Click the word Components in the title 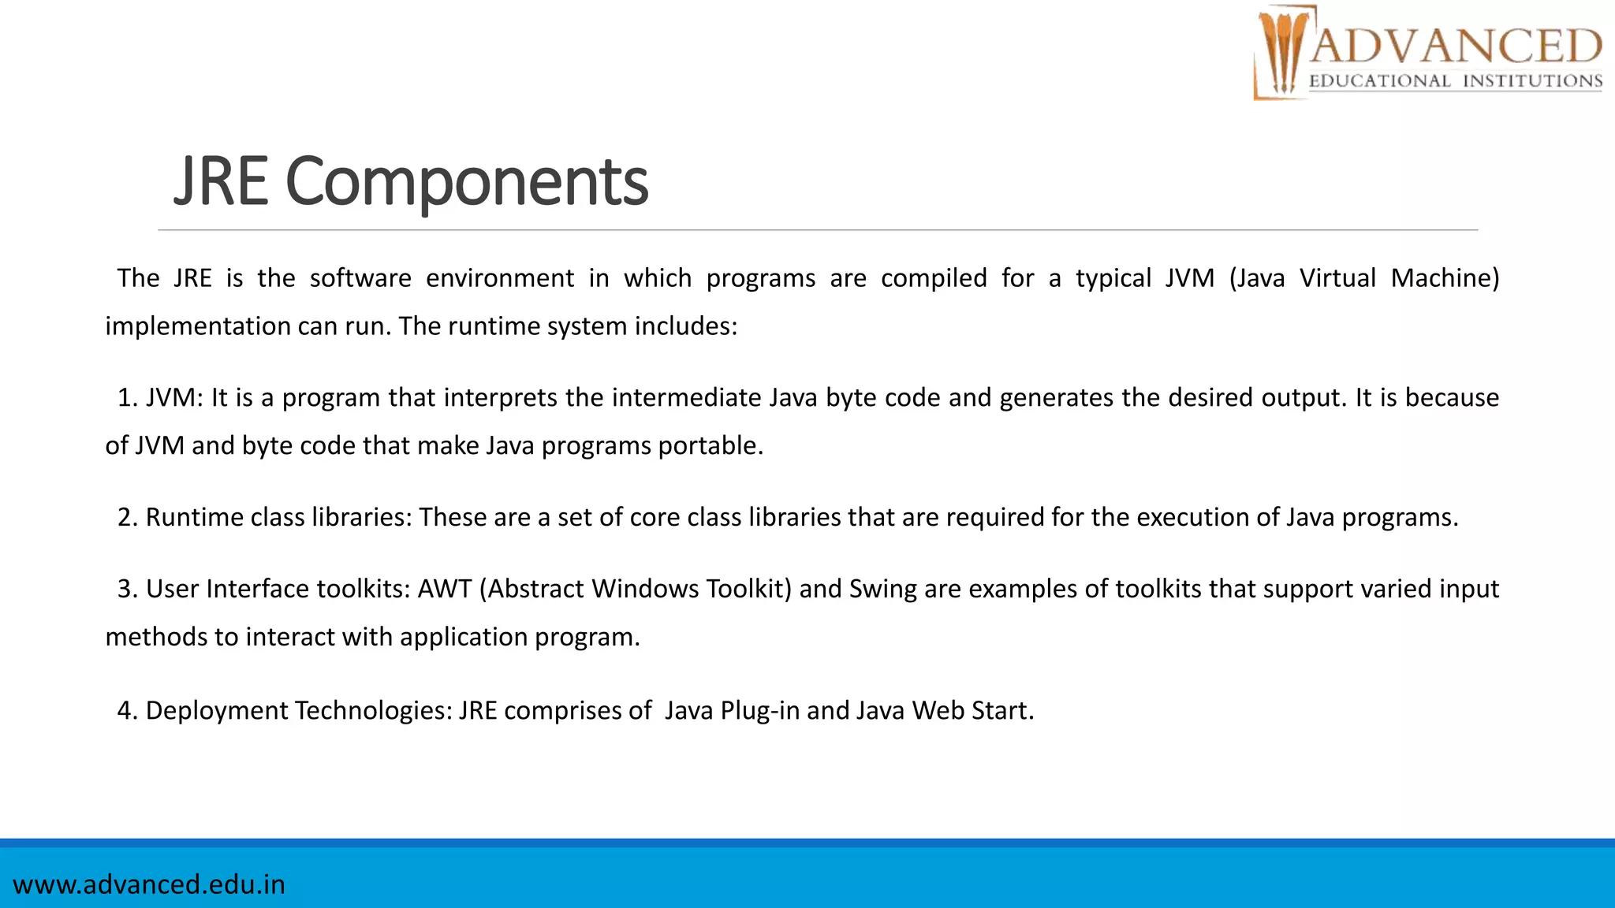click(x=467, y=183)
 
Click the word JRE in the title click(x=221, y=183)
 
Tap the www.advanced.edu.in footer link click(x=149, y=884)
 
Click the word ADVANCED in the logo click(x=1456, y=46)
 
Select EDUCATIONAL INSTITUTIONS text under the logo click(x=1456, y=81)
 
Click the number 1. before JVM click(x=127, y=397)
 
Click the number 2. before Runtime click(x=128, y=517)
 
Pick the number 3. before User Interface click(x=128, y=589)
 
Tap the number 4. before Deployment click(x=128, y=710)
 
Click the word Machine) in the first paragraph click(x=1445, y=278)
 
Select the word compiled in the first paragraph click(x=934, y=278)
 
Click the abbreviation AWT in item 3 click(x=445, y=589)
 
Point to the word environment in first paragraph click(x=500, y=278)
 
